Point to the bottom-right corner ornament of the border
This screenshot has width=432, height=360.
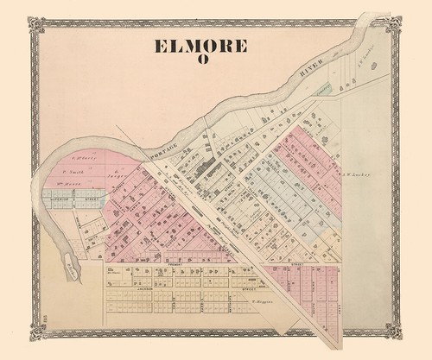(x=394, y=331)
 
